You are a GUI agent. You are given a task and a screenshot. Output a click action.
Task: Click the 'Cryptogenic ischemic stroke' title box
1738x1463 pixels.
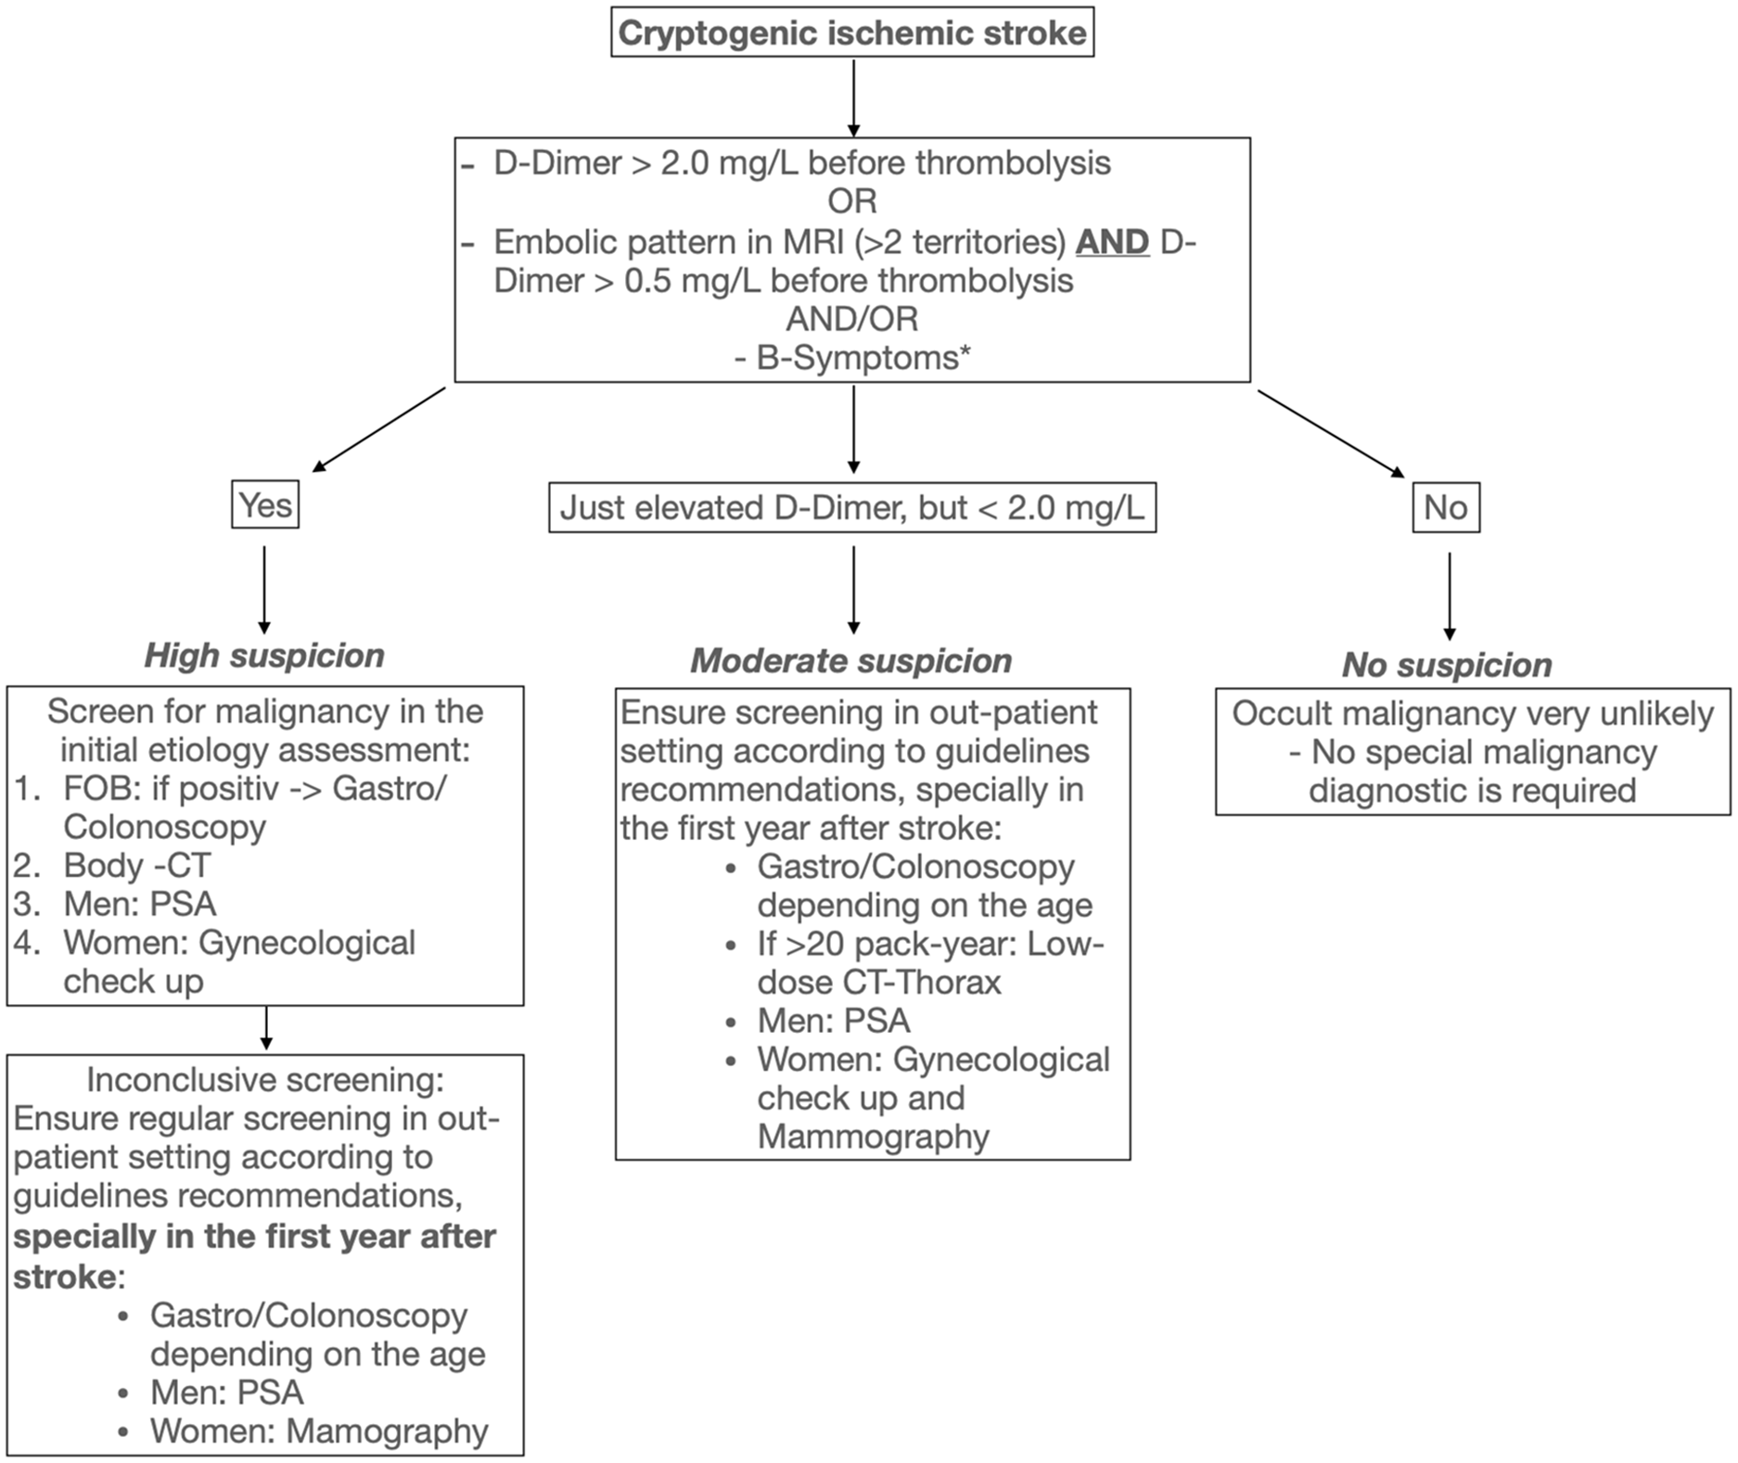(852, 32)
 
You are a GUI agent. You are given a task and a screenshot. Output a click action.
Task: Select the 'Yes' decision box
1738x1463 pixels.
(265, 504)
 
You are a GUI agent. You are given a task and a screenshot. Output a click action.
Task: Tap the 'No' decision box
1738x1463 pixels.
(1446, 507)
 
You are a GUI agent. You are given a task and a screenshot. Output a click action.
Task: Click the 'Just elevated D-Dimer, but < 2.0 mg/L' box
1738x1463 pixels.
(852, 507)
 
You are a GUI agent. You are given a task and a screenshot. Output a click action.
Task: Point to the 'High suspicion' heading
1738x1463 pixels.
(264, 655)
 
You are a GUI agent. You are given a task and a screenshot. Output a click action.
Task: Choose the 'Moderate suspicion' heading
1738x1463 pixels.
(851, 661)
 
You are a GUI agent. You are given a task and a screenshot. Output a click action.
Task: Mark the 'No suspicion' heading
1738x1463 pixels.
(1448, 665)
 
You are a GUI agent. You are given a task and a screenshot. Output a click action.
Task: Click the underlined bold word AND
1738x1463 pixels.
(1113, 242)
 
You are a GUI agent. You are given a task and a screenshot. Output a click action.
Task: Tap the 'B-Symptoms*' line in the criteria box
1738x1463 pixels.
(852, 358)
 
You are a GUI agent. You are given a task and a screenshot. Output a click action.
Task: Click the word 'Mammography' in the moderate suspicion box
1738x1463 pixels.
(874, 1137)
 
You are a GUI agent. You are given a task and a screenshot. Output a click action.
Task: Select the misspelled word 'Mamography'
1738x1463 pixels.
(387, 1431)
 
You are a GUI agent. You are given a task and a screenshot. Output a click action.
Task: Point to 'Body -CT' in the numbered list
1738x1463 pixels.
(137, 865)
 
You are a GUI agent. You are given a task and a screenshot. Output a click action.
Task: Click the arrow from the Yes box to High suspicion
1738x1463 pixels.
(264, 590)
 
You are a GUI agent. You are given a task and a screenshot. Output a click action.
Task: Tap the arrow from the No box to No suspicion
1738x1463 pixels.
(1450, 597)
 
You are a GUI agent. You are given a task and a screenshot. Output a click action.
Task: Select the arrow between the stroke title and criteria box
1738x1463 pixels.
(853, 97)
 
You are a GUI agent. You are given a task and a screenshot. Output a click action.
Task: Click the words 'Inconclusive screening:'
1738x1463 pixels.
(265, 1080)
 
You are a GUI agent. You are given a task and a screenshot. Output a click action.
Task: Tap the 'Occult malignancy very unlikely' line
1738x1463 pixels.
(1473, 714)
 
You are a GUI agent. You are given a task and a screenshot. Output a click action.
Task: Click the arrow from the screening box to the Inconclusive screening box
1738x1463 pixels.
(266, 1028)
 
